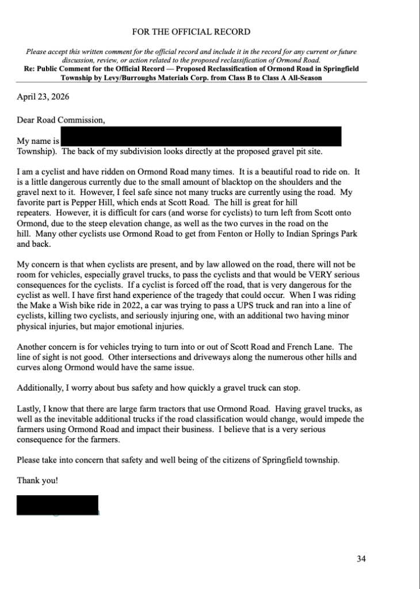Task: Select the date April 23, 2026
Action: (x=43, y=97)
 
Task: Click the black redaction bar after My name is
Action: (x=201, y=136)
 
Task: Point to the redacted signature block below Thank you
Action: (x=58, y=505)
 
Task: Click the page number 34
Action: (x=361, y=558)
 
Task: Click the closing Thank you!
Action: (x=37, y=480)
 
